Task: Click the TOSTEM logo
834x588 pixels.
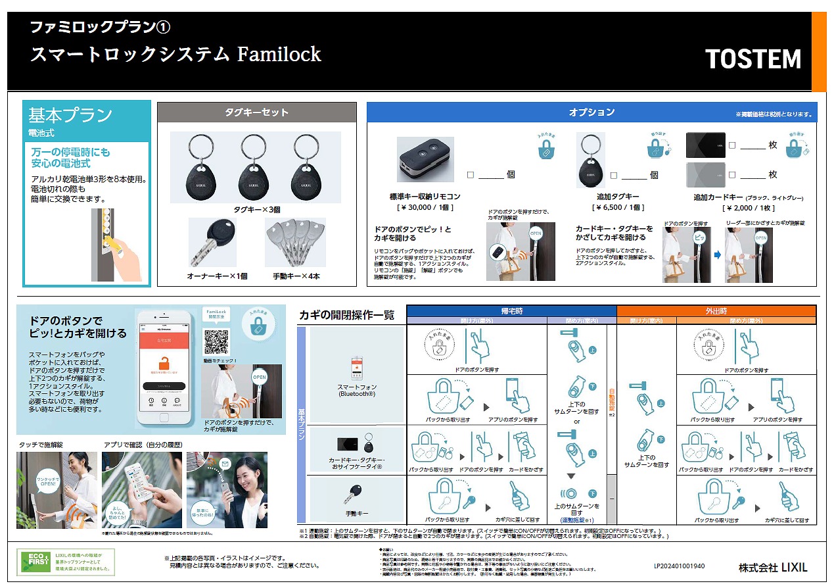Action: [753, 59]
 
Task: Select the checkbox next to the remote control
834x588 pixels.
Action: [470, 175]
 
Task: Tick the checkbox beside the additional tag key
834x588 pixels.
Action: [614, 175]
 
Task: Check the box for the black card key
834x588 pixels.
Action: [731, 145]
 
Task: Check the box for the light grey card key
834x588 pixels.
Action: [731, 175]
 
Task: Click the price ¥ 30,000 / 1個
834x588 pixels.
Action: [425, 207]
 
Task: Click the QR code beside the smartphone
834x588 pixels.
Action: [216, 341]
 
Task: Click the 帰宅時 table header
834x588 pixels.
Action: [511, 311]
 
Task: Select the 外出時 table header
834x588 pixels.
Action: [716, 311]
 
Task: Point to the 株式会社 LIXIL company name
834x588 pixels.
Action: [772, 567]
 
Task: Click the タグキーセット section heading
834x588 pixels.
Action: [256, 112]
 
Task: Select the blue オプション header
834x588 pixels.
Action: [591, 112]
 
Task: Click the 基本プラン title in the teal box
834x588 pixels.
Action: [70, 115]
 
